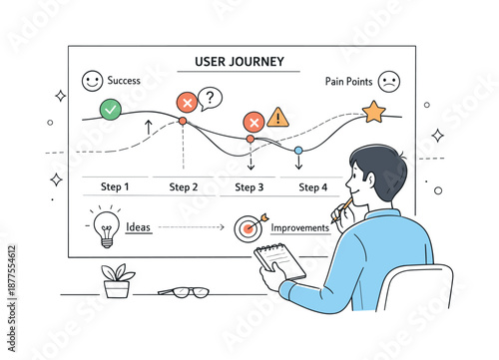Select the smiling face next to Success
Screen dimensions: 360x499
pos(92,80)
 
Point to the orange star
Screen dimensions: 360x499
pos(373,111)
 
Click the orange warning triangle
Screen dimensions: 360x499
pos(278,117)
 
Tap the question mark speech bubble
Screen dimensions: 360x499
pos(210,98)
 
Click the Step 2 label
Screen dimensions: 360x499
pos(184,186)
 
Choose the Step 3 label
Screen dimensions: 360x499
pos(249,186)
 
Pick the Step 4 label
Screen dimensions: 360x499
pos(312,186)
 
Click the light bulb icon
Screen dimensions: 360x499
pos(106,226)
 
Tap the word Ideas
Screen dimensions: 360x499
pos(139,226)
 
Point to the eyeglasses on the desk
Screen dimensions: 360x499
pos(185,292)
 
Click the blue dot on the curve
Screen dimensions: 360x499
pos(297,151)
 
